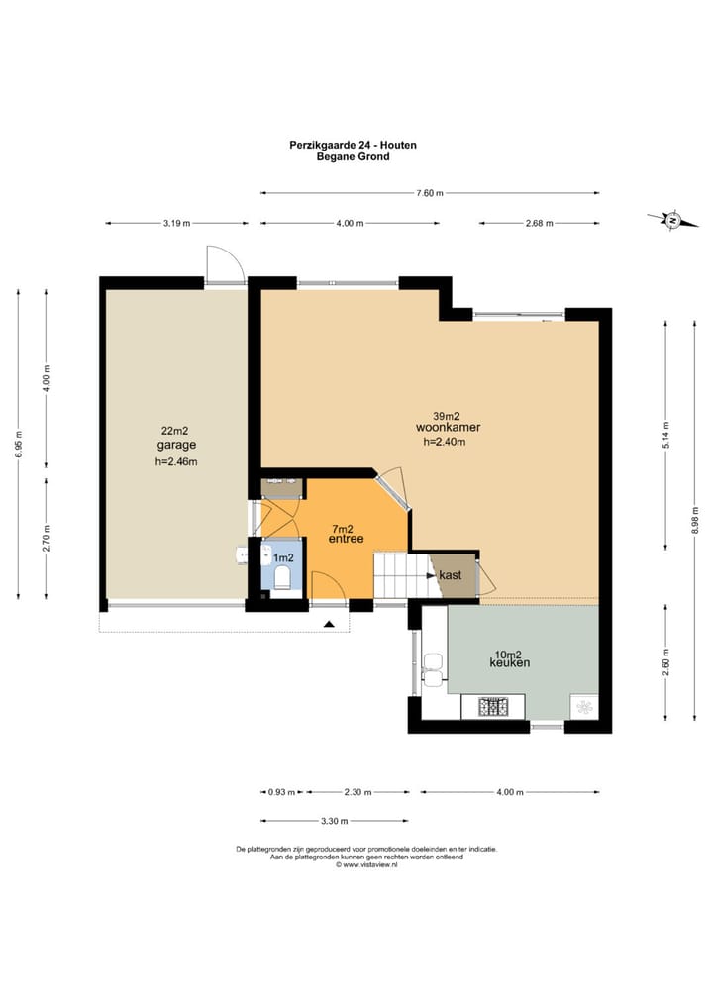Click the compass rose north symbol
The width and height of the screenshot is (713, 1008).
[x=673, y=220]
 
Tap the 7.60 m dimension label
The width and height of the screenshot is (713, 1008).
[x=430, y=193]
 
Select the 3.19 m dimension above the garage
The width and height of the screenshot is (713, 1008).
[x=176, y=223]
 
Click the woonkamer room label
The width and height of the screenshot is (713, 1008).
[x=449, y=427]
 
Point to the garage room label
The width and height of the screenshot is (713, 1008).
[x=176, y=445]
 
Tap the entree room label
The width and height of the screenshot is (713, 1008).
[x=346, y=539]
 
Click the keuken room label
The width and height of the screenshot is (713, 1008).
[x=510, y=662]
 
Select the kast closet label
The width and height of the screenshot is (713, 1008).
[x=450, y=575]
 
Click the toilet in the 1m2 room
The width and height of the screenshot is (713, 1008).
[x=283, y=577]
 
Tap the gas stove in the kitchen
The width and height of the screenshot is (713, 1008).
[x=493, y=707]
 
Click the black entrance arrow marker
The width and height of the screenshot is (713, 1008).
[x=329, y=624]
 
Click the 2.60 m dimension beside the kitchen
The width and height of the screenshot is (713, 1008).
[x=666, y=662]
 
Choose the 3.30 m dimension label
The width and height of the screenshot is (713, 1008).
[x=335, y=821]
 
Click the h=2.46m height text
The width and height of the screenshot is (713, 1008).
[x=176, y=461]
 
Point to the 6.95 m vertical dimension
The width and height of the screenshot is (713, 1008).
[x=18, y=445]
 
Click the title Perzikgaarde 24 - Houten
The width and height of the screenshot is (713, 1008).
[x=353, y=145]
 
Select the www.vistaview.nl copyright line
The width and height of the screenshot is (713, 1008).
[x=366, y=865]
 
